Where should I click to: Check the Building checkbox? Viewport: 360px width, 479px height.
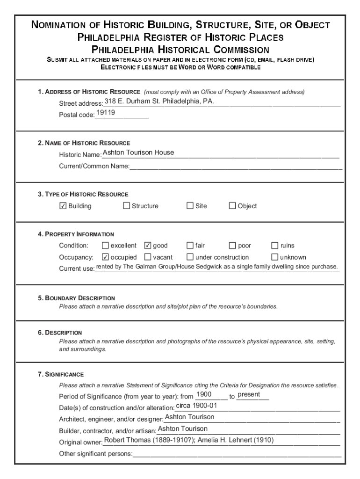tap(63, 206)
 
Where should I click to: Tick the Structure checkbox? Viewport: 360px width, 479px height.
tap(126, 206)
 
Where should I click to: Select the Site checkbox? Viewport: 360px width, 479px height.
tap(190, 206)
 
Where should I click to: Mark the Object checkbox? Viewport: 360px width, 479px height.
tap(232, 206)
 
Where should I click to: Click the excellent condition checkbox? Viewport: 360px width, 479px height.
tap(105, 245)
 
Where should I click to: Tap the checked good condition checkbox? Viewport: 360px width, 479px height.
tap(148, 245)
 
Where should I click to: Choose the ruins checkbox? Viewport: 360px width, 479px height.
tap(275, 245)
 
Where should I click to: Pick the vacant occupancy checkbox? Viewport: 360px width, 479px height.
tap(148, 257)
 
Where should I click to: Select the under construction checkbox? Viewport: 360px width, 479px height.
tap(190, 257)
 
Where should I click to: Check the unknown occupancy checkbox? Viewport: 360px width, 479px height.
tap(275, 257)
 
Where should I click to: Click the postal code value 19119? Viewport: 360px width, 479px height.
tap(106, 113)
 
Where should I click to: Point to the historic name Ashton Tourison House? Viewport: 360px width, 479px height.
tap(138, 152)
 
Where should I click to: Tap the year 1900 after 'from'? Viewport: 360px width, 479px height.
tap(204, 394)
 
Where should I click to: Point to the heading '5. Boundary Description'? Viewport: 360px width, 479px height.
tap(77, 298)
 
